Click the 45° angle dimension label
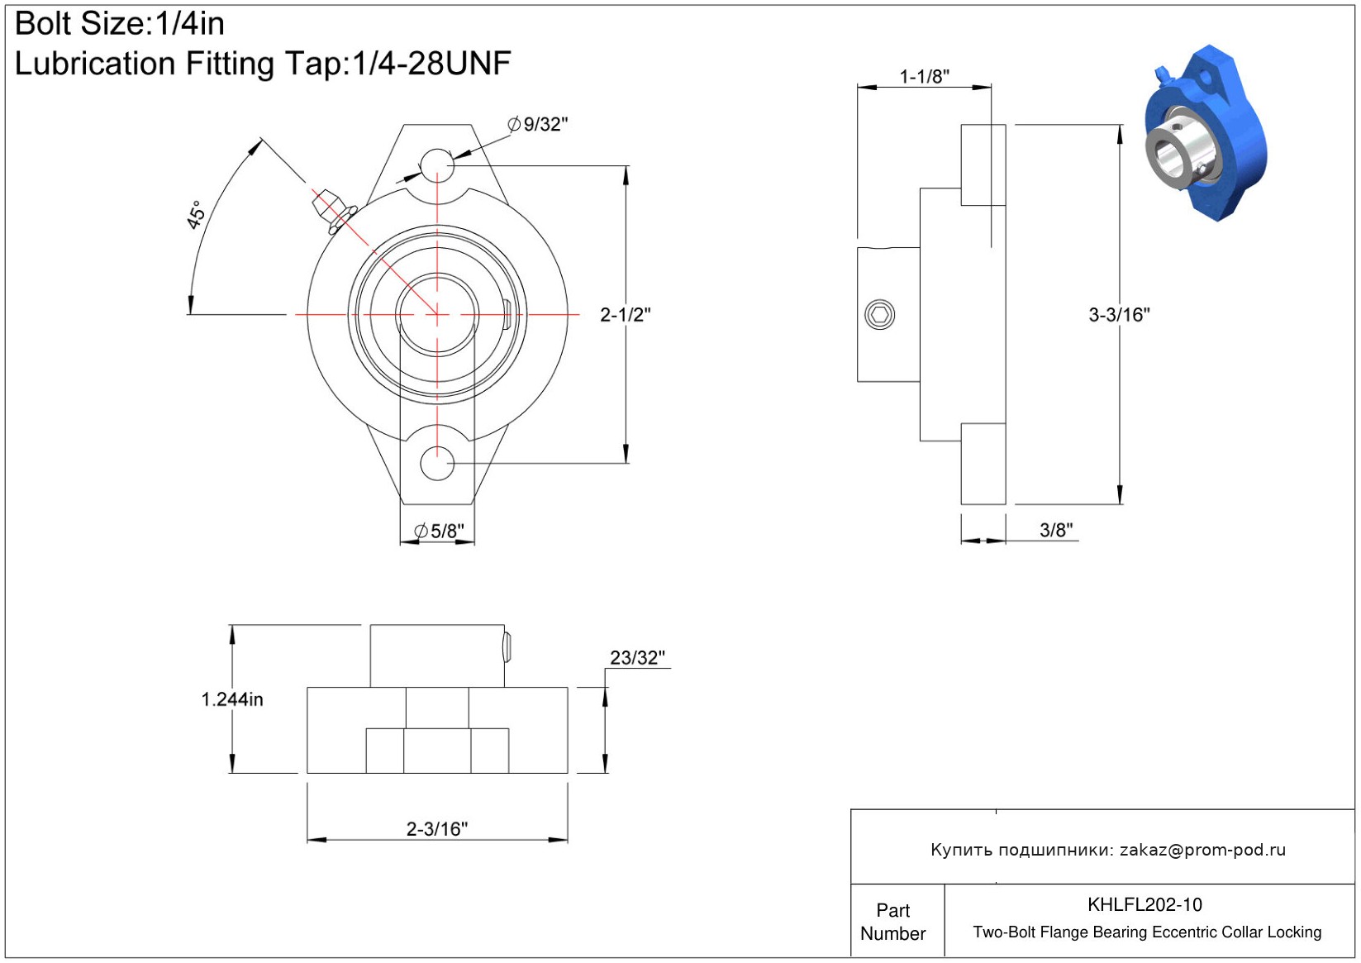(196, 215)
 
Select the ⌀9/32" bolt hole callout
(538, 124)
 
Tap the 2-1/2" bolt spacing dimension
(626, 315)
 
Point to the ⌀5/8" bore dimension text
(439, 531)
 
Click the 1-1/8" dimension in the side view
(924, 77)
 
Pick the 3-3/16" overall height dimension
(1119, 315)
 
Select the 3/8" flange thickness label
(1056, 530)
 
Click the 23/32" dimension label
(637, 658)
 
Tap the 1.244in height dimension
(232, 700)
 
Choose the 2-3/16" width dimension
(437, 829)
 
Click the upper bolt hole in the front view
(437, 164)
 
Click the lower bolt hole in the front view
(437, 463)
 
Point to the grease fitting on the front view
(332, 210)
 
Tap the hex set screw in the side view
(879, 315)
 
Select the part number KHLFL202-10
(1144, 904)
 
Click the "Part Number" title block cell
(892, 922)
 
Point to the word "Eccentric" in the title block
(1185, 932)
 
